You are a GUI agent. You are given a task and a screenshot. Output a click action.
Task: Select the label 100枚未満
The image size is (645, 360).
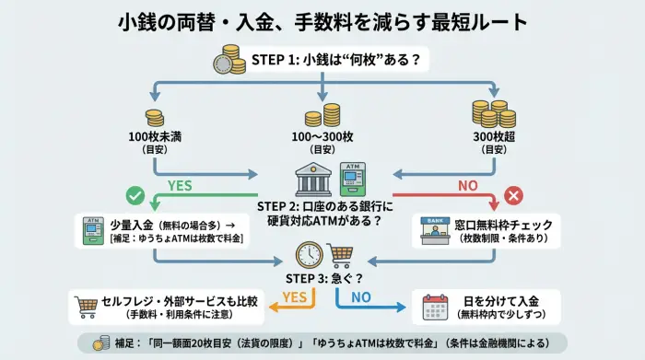(x=155, y=137)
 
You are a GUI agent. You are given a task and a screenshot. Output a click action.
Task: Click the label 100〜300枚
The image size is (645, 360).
(x=322, y=137)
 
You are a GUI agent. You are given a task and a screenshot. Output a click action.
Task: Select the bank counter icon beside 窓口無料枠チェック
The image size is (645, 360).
(x=434, y=228)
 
